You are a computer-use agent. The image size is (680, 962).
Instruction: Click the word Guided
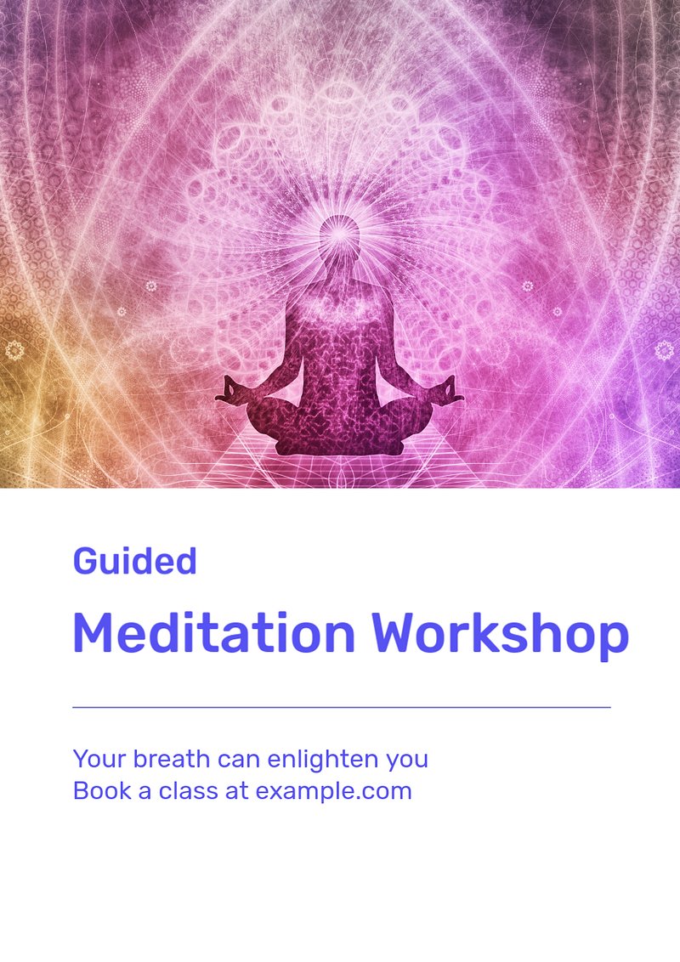(x=134, y=561)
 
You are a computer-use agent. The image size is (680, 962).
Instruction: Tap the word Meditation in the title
(x=214, y=632)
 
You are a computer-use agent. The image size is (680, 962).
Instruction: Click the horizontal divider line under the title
(x=341, y=707)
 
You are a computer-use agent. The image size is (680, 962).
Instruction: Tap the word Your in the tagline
(x=99, y=759)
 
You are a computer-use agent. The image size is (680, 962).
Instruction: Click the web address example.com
(x=333, y=791)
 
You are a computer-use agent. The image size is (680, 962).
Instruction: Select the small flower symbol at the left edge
(x=14, y=351)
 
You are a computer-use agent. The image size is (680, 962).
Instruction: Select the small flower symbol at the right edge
(x=664, y=350)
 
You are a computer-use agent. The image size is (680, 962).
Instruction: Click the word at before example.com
(x=237, y=791)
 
